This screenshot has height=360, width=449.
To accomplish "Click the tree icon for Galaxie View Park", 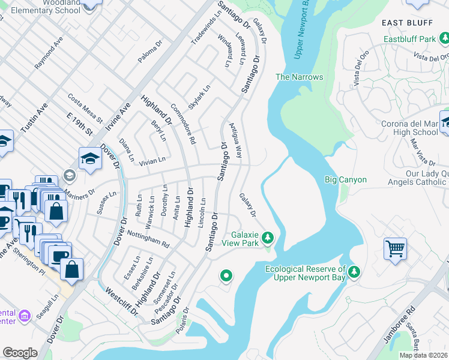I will pyautogui.click(x=268, y=239).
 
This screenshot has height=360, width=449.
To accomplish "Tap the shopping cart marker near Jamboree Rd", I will pyautogui.click(x=396, y=248).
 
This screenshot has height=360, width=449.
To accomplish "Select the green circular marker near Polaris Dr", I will pyautogui.click(x=226, y=276).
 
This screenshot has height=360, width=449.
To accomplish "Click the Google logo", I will pyautogui.click(x=20, y=353).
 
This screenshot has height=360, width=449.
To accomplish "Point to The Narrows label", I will pyautogui.click(x=299, y=77).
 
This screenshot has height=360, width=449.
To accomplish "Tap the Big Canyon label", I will pyautogui.click(x=345, y=179).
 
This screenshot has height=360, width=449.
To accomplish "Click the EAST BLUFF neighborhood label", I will pyautogui.click(x=407, y=23).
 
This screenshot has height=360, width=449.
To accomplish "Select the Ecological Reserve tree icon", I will pyautogui.click(x=355, y=272).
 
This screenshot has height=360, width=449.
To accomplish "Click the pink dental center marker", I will pyautogui.click(x=25, y=316).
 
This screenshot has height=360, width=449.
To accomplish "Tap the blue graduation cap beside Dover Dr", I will pyautogui.click(x=90, y=159).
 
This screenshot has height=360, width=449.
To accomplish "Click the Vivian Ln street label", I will pyautogui.click(x=152, y=161).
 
